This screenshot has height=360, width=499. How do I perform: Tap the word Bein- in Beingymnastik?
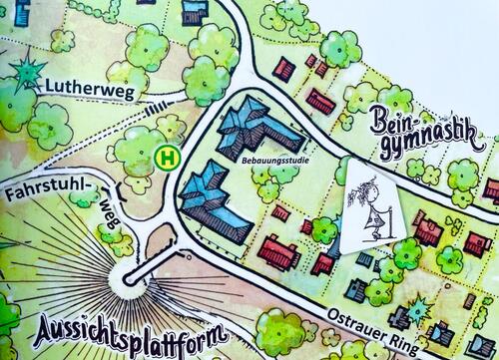pyautogui.click(x=394, y=124)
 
